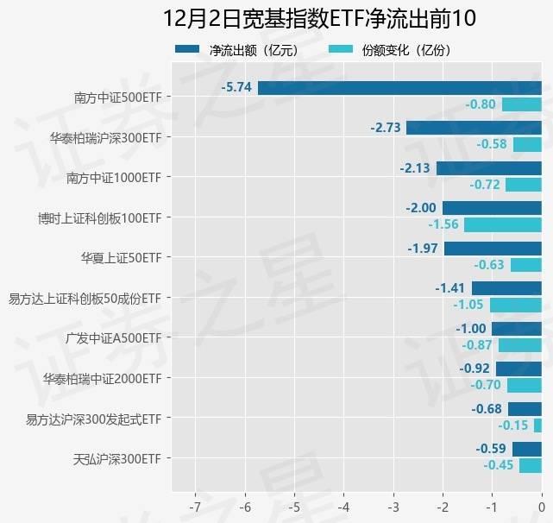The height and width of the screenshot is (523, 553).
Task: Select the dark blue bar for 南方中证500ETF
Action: pyautogui.click(x=399, y=87)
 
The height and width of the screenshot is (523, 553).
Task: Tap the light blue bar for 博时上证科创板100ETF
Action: pyautogui.click(x=503, y=224)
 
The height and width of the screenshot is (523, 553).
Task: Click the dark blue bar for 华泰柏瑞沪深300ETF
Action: pyautogui.click(x=474, y=128)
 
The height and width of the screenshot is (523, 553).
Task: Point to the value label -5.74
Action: pyautogui.click(x=236, y=87)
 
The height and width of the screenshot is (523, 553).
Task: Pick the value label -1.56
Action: pyautogui.click(x=443, y=224)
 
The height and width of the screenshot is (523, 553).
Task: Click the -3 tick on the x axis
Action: pyautogui.click(x=393, y=505)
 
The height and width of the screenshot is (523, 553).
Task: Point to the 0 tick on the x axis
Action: pyautogui.click(x=542, y=505)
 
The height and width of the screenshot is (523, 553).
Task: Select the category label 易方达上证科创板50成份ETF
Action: pyautogui.click(x=85, y=298)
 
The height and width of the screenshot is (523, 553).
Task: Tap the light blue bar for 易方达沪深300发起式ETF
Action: pyautogui.click(x=537, y=425)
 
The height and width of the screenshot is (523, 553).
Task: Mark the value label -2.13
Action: pyautogui.click(x=415, y=167)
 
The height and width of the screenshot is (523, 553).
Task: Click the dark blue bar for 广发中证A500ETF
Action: pyautogui.click(x=517, y=329)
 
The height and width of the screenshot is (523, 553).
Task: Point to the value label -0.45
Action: pyautogui.click(x=499, y=465)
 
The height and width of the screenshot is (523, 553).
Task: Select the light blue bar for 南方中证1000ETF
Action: pyautogui.click(x=524, y=184)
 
